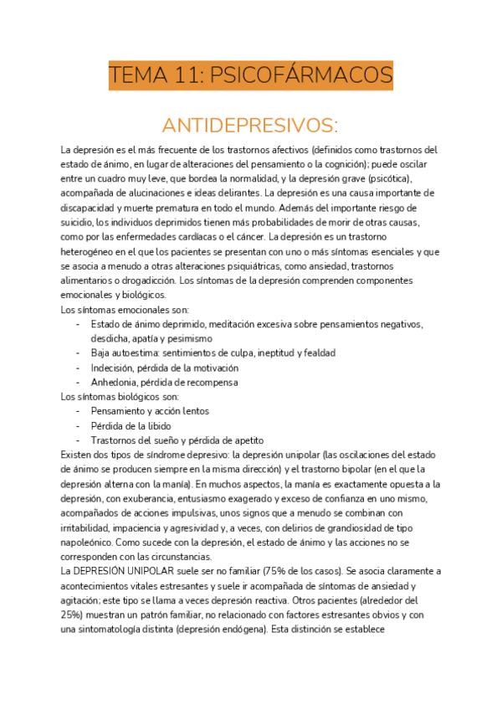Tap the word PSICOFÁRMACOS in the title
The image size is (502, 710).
tap(305, 76)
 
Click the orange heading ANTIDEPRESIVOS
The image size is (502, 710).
tap(250, 126)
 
